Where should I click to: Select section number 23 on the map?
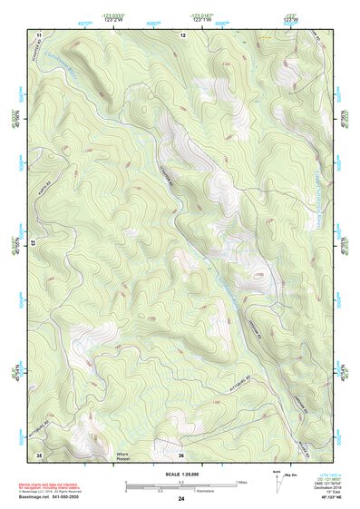point(33,243)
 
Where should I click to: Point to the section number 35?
point(39,454)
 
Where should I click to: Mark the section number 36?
point(181,454)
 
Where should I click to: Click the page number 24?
point(181,499)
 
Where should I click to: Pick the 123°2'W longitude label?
point(114,19)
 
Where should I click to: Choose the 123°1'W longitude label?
point(202,19)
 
